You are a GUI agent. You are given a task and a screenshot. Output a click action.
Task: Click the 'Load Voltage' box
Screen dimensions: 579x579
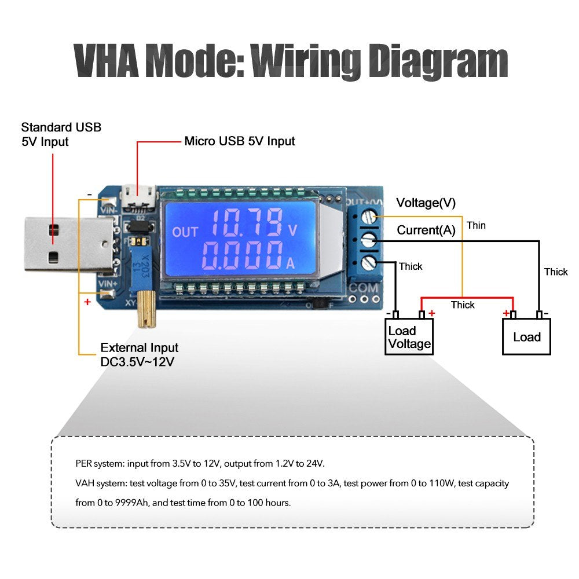pos(409,337)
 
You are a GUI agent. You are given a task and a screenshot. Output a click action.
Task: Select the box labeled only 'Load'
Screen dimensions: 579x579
pos(526,337)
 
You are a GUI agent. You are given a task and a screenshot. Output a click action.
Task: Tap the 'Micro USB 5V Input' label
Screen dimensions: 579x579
pos(239,141)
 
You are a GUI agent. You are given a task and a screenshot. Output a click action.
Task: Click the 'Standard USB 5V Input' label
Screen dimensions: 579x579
pos(61,134)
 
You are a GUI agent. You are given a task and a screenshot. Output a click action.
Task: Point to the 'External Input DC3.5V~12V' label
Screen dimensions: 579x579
pos(139,354)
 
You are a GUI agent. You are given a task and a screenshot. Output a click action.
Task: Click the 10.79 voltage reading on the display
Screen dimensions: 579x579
pos(245,223)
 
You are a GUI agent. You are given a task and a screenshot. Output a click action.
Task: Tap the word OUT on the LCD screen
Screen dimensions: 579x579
pos(185,232)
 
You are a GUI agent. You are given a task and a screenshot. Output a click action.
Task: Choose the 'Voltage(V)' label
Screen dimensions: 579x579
pos(426,203)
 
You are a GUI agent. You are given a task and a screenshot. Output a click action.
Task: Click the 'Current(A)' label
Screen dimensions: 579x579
pos(426,230)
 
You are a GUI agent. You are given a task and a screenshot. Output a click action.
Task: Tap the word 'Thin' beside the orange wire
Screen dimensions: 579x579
pos(476,225)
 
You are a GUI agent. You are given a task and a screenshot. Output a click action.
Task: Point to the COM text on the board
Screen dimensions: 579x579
pos(363,288)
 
